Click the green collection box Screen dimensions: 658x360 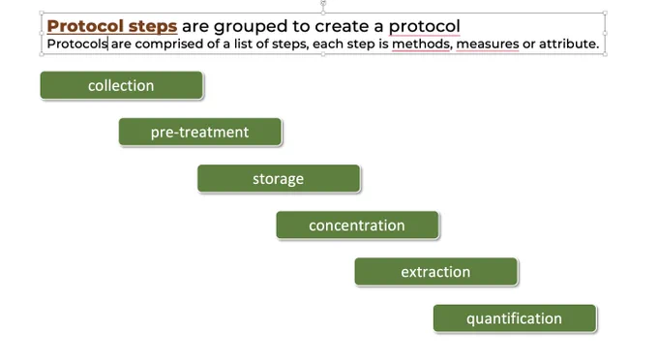point(121,85)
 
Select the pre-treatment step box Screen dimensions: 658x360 point(199,132)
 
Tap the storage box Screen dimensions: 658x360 point(279,178)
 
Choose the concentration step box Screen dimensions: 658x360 point(357,225)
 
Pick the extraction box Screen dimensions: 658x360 point(436,272)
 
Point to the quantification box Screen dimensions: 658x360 point(515,318)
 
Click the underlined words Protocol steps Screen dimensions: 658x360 point(112,26)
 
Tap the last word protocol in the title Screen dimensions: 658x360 point(424,26)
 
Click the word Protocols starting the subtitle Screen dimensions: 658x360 point(77,44)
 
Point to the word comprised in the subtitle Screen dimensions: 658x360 point(169,45)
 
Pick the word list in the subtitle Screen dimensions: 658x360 point(244,44)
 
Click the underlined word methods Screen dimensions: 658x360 point(422,44)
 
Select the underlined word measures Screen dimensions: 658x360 point(488,45)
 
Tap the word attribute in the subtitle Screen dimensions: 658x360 point(569,44)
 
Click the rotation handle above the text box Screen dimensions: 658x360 point(323,3)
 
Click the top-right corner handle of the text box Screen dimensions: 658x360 point(605,13)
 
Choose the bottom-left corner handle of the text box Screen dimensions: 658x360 point(42,54)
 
